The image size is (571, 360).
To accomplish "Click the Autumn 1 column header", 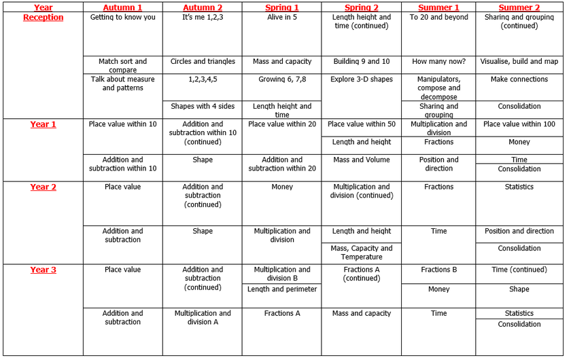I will click(x=122, y=7).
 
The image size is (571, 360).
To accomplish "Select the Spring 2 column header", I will click(x=362, y=7).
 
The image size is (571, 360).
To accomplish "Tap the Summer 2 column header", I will click(x=519, y=7).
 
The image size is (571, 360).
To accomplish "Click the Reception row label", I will click(x=43, y=17).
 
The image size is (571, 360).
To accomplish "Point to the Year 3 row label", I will click(x=43, y=270).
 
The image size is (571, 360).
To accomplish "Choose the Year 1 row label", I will click(x=43, y=124).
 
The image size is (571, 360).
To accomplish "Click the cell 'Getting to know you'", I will click(x=122, y=17).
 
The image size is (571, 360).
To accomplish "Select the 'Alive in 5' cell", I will click(x=282, y=17).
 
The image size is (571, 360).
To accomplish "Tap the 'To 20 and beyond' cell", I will click(x=438, y=17).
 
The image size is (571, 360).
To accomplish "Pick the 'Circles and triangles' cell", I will click(x=203, y=61).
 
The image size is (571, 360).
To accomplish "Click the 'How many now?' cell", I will click(x=438, y=61).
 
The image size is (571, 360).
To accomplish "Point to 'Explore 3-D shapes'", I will click(x=362, y=79).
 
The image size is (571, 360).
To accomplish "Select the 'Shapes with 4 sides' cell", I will click(x=203, y=106).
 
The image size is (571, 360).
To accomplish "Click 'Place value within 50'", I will click(x=362, y=124).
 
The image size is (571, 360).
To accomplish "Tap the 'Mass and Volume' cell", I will click(x=362, y=160).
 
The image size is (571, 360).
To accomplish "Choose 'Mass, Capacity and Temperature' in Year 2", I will click(x=362, y=253).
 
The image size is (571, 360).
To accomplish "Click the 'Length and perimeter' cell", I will click(x=282, y=289).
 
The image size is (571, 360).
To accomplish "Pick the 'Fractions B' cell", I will click(x=438, y=270).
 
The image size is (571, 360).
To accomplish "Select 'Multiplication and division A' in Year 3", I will click(x=203, y=317).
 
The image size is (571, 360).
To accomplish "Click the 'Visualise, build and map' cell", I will click(x=519, y=61).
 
